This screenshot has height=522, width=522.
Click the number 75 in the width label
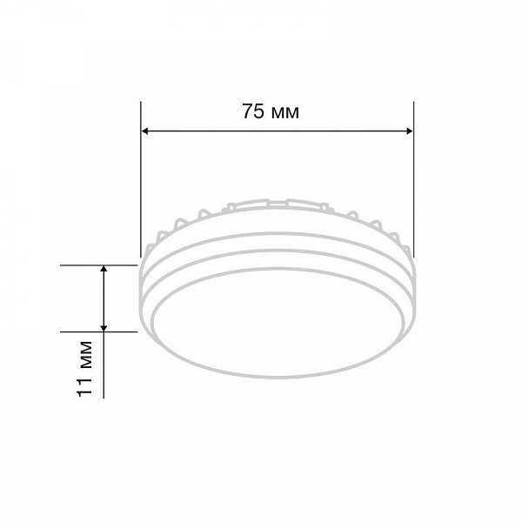pos(253,111)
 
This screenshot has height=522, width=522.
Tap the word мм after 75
pos(285,113)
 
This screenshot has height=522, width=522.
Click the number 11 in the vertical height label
pos(84,386)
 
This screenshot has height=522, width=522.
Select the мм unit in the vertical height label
pos(86,355)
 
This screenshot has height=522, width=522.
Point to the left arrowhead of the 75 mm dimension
pos(144,131)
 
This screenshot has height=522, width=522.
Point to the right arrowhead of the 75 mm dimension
pos(410,131)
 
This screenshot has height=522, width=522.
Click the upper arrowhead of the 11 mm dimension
pos(104,269)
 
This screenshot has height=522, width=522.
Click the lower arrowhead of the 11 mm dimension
pos(104,328)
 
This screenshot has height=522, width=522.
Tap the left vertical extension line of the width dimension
pos(141,179)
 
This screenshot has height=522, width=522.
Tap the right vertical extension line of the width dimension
pos(414,179)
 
